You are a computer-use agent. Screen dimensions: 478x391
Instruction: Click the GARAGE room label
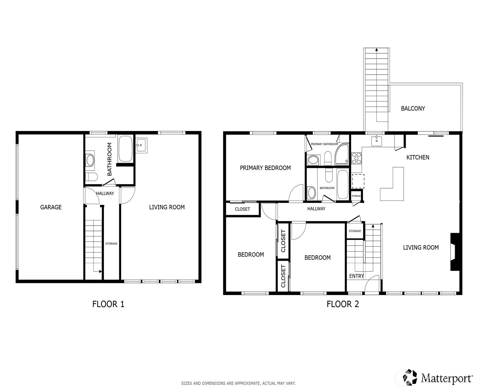tap(51, 207)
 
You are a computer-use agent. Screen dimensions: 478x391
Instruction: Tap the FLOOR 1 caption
tap(108, 304)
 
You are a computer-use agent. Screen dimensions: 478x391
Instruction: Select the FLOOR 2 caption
tap(342, 304)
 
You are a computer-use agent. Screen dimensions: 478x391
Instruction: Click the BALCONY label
tap(413, 109)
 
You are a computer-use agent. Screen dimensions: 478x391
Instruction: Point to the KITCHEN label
tap(417, 157)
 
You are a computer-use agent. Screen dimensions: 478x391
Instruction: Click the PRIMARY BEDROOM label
tap(265, 168)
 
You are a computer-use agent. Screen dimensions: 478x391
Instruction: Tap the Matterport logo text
tap(447, 378)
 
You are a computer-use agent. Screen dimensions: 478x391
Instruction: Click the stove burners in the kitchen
tap(356, 158)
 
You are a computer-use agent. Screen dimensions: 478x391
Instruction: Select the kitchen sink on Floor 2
tap(376, 141)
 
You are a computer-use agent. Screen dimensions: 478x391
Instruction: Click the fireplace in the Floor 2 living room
tap(455, 252)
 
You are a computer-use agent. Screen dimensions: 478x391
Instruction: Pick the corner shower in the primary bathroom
tap(342, 154)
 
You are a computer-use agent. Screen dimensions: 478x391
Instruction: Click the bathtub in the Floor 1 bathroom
tap(125, 149)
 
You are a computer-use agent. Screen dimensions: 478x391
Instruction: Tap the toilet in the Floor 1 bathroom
tap(92, 176)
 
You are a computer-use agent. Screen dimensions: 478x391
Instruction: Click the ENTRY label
tap(356, 276)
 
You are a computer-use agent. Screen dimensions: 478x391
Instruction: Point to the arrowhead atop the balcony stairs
tap(376, 49)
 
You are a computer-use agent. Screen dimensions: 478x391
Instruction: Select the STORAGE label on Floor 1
tap(111, 244)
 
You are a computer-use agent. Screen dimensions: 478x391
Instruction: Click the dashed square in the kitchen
tap(358, 181)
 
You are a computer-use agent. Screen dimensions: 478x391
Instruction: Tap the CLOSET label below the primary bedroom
tap(242, 209)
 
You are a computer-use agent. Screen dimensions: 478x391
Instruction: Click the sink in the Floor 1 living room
tap(141, 145)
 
